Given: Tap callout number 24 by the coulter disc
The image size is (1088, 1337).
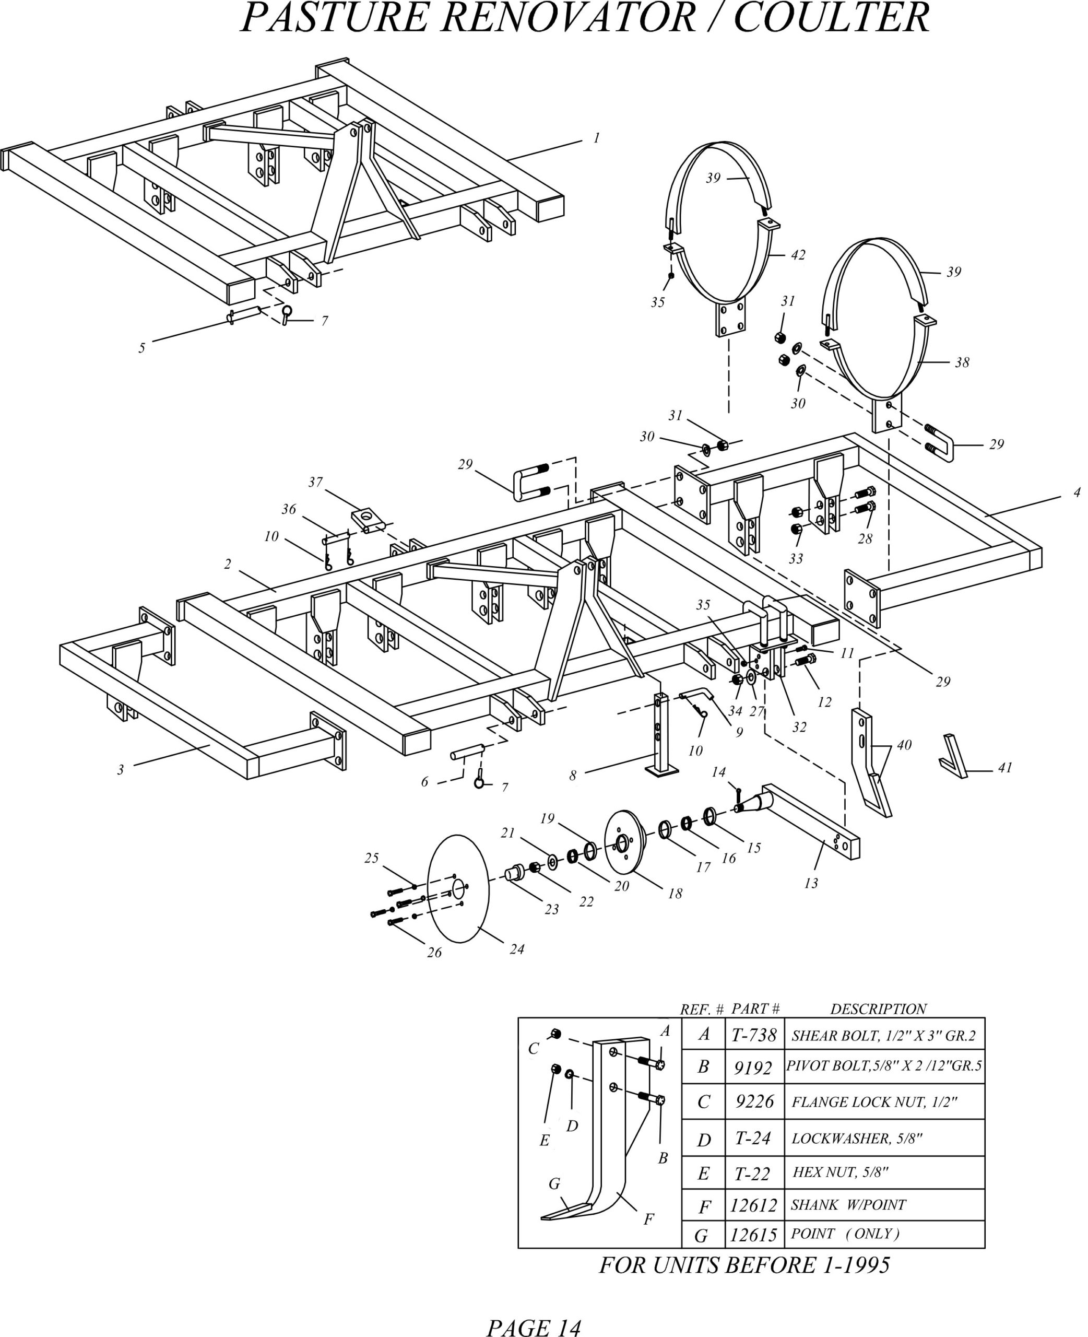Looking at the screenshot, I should [x=516, y=949].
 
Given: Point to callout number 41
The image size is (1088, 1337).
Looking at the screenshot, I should [x=1006, y=768].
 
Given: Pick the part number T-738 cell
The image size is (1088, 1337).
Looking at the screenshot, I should [x=754, y=1035].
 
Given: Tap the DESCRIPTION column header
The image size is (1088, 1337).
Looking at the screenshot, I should [x=878, y=1008].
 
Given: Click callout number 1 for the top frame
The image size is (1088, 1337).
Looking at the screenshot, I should [x=596, y=138].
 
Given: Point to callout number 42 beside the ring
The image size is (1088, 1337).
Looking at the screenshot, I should [x=797, y=255].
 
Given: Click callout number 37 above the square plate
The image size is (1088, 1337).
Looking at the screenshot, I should [x=315, y=482].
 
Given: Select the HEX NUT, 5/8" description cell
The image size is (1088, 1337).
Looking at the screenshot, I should [x=840, y=1171].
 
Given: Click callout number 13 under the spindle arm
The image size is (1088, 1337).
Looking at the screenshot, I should [x=811, y=883].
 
